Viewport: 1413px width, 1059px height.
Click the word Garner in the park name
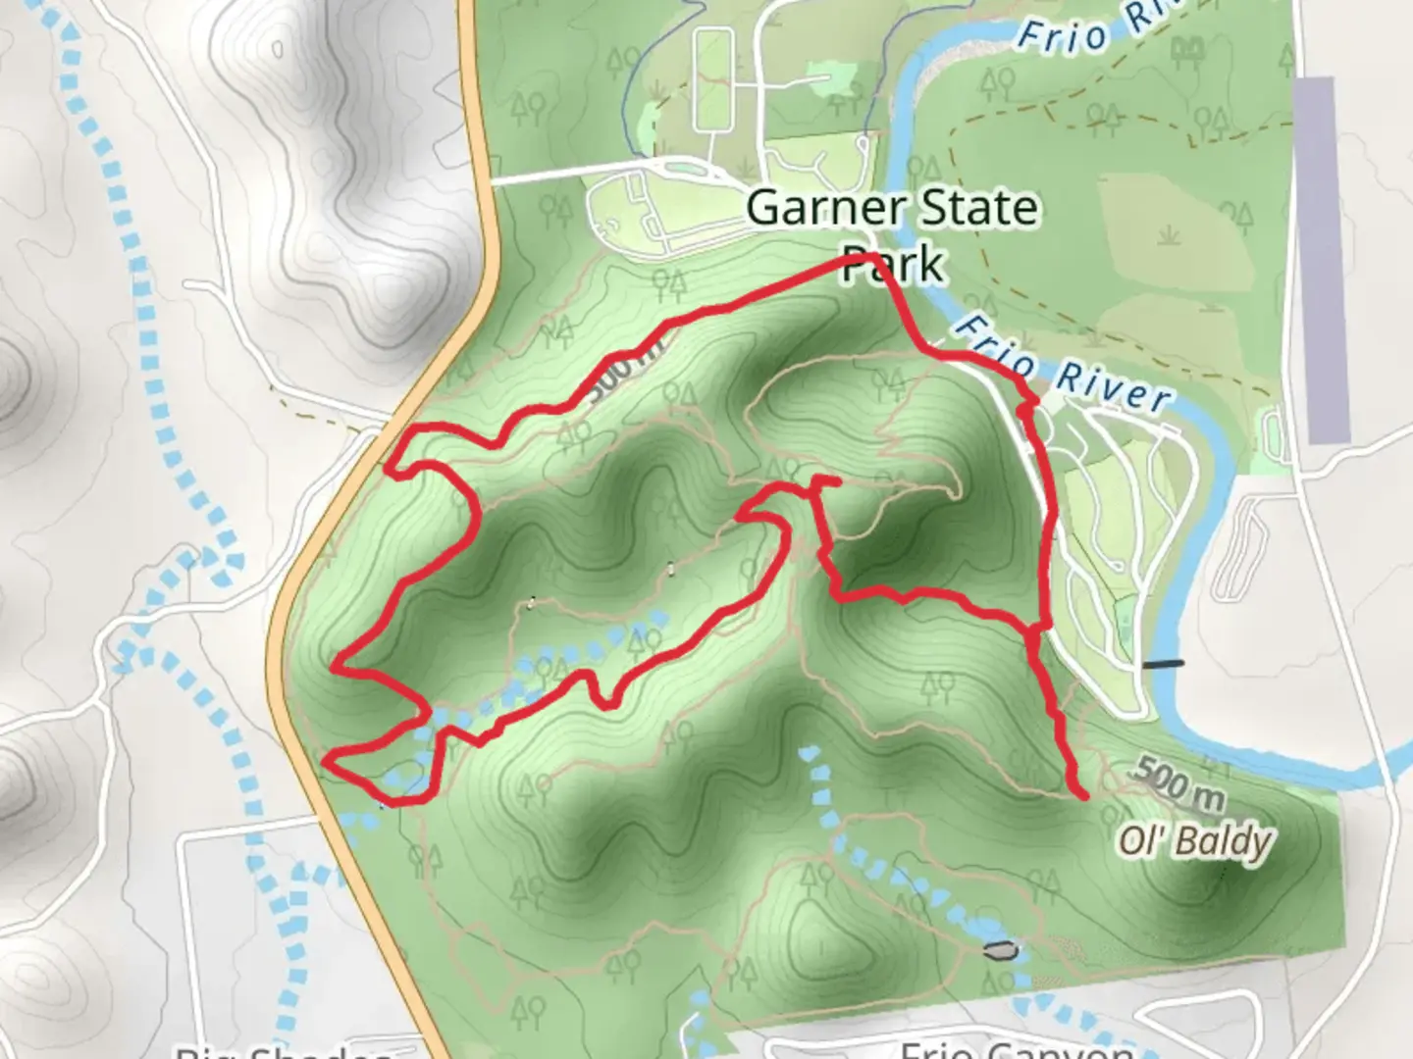(825, 208)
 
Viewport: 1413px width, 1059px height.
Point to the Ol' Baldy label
(1195, 841)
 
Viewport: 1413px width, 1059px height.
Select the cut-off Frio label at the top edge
(1062, 37)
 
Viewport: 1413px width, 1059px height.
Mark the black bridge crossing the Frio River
(1163, 664)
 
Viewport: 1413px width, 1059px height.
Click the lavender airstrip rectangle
(1321, 260)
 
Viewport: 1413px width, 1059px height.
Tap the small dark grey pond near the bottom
(999, 949)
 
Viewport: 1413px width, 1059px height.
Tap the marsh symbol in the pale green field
(1168, 235)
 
